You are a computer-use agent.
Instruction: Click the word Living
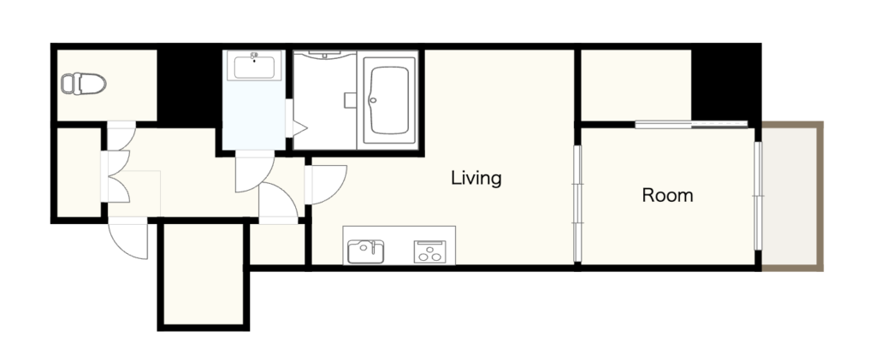pyautogui.click(x=476, y=179)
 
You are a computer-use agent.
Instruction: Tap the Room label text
pyautogui.click(x=667, y=195)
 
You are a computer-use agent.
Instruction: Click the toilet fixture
pyautogui.click(x=83, y=84)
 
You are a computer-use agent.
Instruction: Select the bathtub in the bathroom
pyautogui.click(x=389, y=100)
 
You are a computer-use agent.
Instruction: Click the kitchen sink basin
pyautogui.click(x=366, y=251)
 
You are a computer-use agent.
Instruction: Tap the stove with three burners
pyautogui.click(x=429, y=251)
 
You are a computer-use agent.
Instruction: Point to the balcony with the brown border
pyautogui.click(x=792, y=197)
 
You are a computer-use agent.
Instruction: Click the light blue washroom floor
pyautogui.click(x=254, y=115)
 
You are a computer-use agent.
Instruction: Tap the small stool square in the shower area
pyautogui.click(x=350, y=100)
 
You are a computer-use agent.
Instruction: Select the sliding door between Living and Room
pyautogui.click(x=577, y=203)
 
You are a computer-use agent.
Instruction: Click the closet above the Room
pyautogui.click(x=636, y=85)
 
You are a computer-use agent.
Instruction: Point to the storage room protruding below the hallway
pyautogui.click(x=204, y=274)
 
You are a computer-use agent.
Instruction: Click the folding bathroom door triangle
pyautogui.click(x=297, y=128)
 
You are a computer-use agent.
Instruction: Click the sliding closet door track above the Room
pyautogui.click(x=691, y=125)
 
